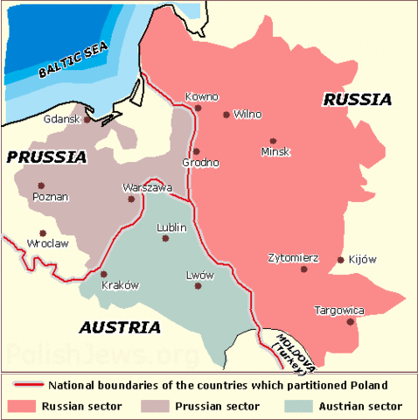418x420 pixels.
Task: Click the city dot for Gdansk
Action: point(87,119)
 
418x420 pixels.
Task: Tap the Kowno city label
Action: point(202,96)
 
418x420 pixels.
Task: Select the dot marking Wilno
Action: point(226,114)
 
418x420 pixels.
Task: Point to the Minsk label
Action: point(275,151)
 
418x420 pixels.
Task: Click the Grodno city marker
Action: point(196,151)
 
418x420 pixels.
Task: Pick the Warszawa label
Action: point(148,187)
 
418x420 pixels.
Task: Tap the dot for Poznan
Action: point(41,185)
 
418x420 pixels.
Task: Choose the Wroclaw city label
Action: point(47,243)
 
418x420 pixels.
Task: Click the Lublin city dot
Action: point(165,238)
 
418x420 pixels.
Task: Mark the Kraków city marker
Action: point(103,274)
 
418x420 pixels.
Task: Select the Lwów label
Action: point(200,275)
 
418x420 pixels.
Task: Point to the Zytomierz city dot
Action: point(304,269)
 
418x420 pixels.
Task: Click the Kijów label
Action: point(361,259)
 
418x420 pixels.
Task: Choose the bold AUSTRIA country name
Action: point(120,328)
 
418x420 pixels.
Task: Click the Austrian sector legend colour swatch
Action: point(297,407)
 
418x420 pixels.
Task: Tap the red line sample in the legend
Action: point(27,385)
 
